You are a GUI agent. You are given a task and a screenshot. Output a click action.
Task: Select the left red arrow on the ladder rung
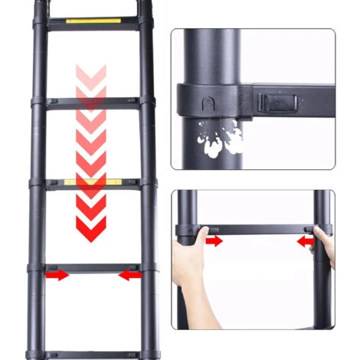[55, 274]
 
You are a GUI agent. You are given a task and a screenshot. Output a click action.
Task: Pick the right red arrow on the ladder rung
[129, 274]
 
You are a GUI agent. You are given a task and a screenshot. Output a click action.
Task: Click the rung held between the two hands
[260, 229]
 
